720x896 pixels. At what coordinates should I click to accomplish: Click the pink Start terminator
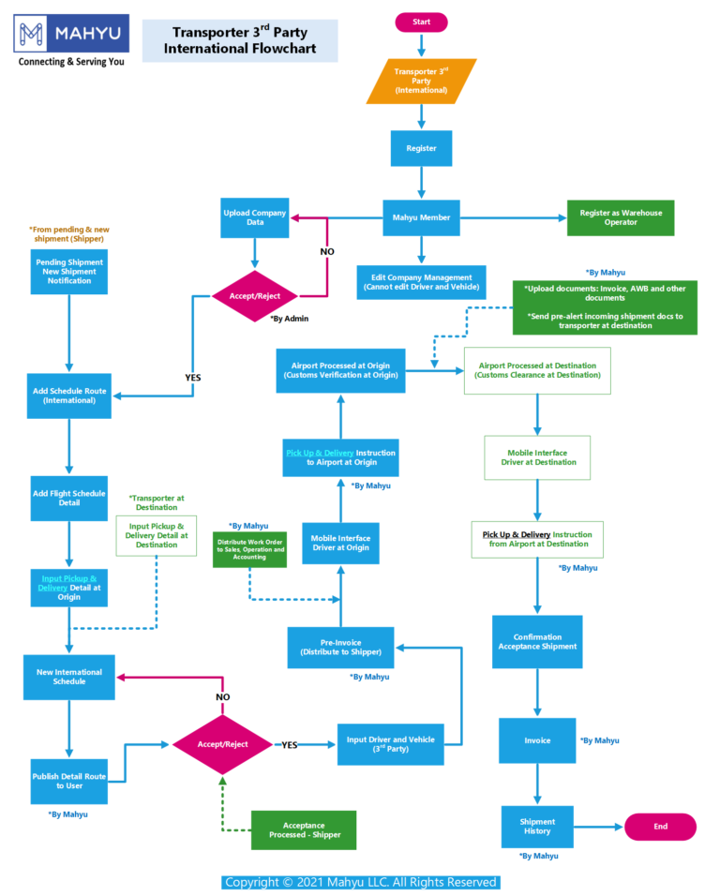422,22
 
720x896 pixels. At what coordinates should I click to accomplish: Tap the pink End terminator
660,827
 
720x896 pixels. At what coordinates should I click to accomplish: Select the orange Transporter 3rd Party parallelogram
421,82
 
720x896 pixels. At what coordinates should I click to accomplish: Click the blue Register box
421,148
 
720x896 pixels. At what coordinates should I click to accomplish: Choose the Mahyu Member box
421,217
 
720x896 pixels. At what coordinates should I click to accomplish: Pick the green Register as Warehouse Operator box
620,217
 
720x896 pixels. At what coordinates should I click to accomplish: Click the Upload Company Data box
254,218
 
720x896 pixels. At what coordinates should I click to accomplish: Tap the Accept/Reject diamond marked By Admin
256,297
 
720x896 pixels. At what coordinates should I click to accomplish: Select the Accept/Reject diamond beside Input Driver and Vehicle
222,744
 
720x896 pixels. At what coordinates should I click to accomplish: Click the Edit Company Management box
421,282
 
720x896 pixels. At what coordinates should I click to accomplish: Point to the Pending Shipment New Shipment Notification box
68,271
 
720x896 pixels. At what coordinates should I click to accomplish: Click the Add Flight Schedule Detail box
68,498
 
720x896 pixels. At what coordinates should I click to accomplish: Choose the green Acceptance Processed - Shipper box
304,829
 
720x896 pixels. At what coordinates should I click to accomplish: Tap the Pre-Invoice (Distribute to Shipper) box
340,647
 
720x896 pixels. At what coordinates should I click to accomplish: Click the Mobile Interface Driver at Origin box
340,544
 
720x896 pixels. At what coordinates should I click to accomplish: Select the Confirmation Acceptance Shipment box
537,641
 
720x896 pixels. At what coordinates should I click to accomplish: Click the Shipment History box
537,826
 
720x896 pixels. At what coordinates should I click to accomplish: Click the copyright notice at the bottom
360,882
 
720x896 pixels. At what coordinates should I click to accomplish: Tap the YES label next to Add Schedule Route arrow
192,378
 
